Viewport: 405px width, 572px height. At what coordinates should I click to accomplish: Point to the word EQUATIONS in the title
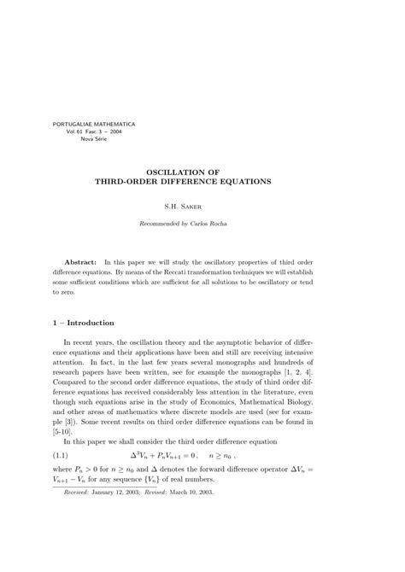242,183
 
